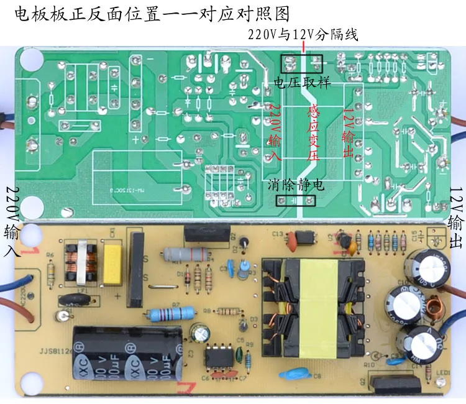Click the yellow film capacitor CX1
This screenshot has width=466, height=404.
tap(114, 264)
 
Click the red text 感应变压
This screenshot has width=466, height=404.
tap(314, 132)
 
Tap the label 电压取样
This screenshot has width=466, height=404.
tap(302, 83)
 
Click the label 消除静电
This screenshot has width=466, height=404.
tap(296, 185)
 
